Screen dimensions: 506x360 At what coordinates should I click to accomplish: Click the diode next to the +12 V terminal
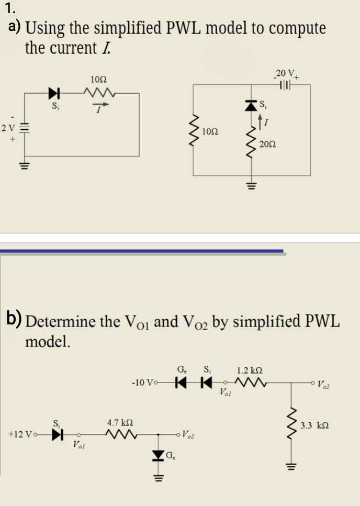[57, 434]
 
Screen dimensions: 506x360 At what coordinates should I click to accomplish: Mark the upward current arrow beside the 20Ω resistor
[261, 123]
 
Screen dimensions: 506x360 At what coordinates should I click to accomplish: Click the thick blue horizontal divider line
[141, 252]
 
